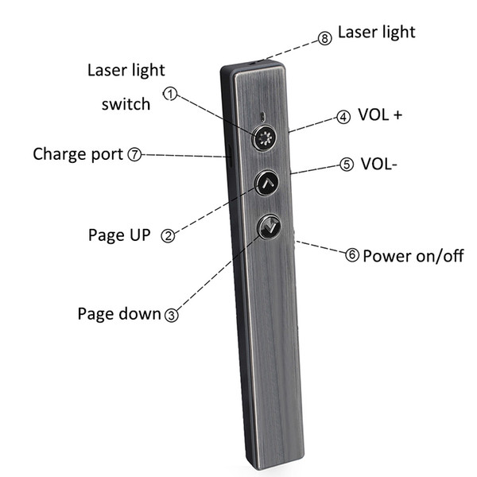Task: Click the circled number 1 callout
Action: coord(170,94)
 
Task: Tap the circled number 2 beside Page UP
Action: coord(168,236)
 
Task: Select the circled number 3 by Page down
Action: coord(172,315)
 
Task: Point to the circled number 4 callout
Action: coord(343,117)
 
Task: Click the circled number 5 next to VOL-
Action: coord(347,165)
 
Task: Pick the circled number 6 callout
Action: coord(352,255)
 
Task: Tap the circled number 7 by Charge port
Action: coord(134,154)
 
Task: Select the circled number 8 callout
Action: coord(325,39)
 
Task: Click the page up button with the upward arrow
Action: coord(267,183)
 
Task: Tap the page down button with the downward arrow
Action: coord(269,227)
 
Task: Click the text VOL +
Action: coord(380,114)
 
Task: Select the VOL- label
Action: coord(378,164)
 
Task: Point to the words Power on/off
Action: coord(413,256)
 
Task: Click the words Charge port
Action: coord(78,154)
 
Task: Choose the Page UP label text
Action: coord(119,235)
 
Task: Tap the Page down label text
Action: coord(119,314)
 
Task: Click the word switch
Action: coord(126,104)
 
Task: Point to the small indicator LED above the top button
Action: coord(263,115)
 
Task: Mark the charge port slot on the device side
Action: coord(230,155)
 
